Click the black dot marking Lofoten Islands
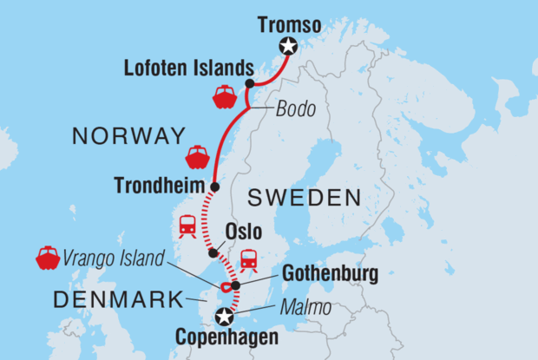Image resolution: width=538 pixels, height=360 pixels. [x=249, y=84]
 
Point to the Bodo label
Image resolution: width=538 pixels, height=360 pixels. [x=297, y=111]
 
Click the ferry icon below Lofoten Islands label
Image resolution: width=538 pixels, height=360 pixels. [x=225, y=96]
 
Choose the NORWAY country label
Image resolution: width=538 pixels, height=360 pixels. [x=129, y=136]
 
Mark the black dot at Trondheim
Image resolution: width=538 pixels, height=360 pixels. [x=214, y=186]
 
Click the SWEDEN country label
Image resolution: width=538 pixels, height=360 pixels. [x=304, y=198]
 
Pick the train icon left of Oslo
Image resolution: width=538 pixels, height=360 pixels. [x=187, y=226]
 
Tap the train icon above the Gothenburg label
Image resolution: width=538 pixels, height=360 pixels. [x=249, y=259]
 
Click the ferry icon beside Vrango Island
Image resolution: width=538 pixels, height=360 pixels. [x=46, y=258]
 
